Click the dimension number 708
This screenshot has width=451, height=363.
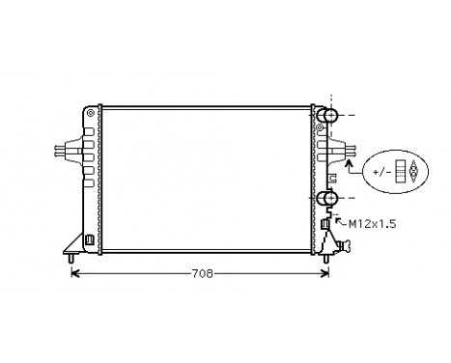click(x=202, y=274)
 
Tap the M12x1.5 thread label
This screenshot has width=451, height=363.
click(x=372, y=223)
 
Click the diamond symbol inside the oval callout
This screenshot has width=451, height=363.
click(x=413, y=171)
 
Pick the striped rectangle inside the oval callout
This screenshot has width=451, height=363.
click(x=398, y=171)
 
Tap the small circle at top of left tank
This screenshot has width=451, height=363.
click(x=90, y=112)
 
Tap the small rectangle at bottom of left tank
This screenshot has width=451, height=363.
click(x=90, y=239)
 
